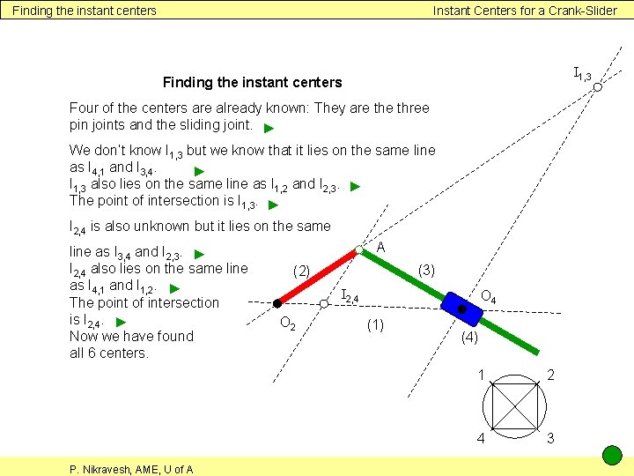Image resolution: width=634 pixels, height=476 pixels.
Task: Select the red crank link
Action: pos(319,277)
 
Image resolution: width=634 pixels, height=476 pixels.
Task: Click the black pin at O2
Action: pos(276,304)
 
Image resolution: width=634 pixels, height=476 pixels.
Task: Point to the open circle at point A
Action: pos(359,250)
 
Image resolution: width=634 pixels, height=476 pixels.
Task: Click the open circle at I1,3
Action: pos(597,87)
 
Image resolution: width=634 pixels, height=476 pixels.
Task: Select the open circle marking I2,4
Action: pos(324,303)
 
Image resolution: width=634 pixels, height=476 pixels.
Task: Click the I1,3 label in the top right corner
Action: pos(581,73)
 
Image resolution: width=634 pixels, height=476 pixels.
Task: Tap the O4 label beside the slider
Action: pos(488,298)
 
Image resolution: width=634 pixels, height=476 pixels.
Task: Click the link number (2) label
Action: pos(301,271)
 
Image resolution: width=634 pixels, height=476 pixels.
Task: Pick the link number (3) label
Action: pos(427,268)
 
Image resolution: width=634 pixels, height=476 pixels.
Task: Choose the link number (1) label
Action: pos(375,325)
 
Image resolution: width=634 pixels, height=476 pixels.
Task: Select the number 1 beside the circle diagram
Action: pos(481,375)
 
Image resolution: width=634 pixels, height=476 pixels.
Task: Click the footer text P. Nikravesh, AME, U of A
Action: pos(132,469)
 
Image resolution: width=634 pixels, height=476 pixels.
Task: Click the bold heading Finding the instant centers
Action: pos(252,82)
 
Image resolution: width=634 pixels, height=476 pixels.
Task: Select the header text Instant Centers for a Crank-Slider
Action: pos(525,11)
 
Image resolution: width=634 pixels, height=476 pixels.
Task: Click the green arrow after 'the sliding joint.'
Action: pos(269,127)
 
